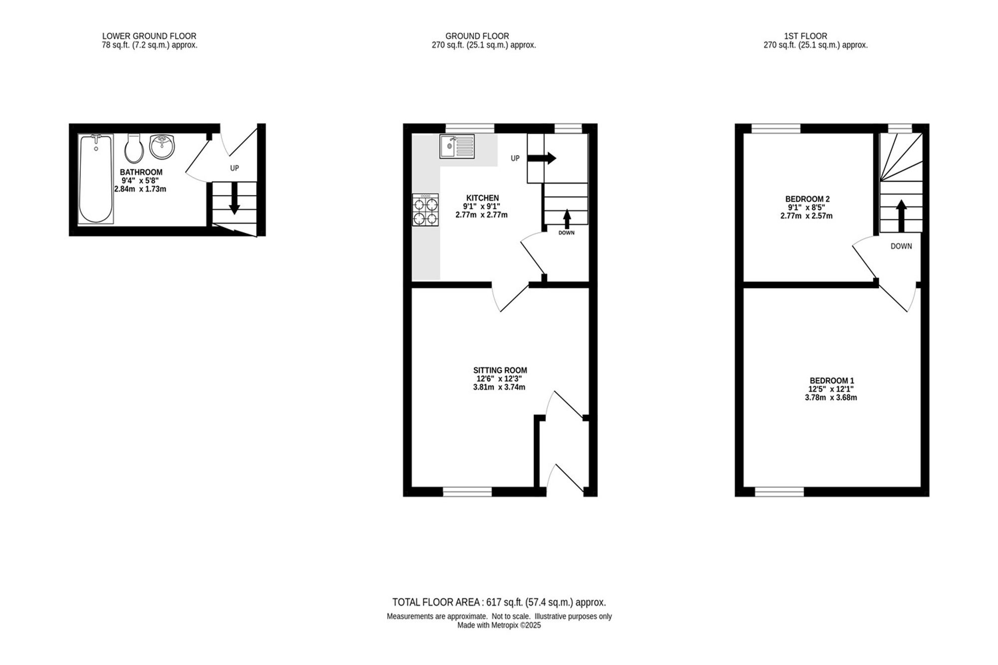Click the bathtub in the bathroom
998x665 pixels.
(x=96, y=178)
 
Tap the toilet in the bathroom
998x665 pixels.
(x=134, y=148)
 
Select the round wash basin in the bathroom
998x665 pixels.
(x=162, y=147)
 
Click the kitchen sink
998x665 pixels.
(x=457, y=146)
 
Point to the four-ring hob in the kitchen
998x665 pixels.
(x=426, y=210)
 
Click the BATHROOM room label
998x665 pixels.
(x=141, y=172)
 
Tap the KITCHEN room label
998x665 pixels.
(x=483, y=198)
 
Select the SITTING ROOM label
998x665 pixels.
(x=500, y=370)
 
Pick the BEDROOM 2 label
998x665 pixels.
(x=807, y=199)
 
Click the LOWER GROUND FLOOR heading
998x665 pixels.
(x=149, y=36)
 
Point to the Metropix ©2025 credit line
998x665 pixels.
(x=499, y=625)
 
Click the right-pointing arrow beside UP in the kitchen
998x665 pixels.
(x=542, y=158)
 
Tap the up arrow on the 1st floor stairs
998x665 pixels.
(x=901, y=216)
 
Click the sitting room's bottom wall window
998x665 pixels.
(x=468, y=492)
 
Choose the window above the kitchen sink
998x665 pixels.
(x=470, y=128)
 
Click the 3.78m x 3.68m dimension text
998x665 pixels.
(x=831, y=398)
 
